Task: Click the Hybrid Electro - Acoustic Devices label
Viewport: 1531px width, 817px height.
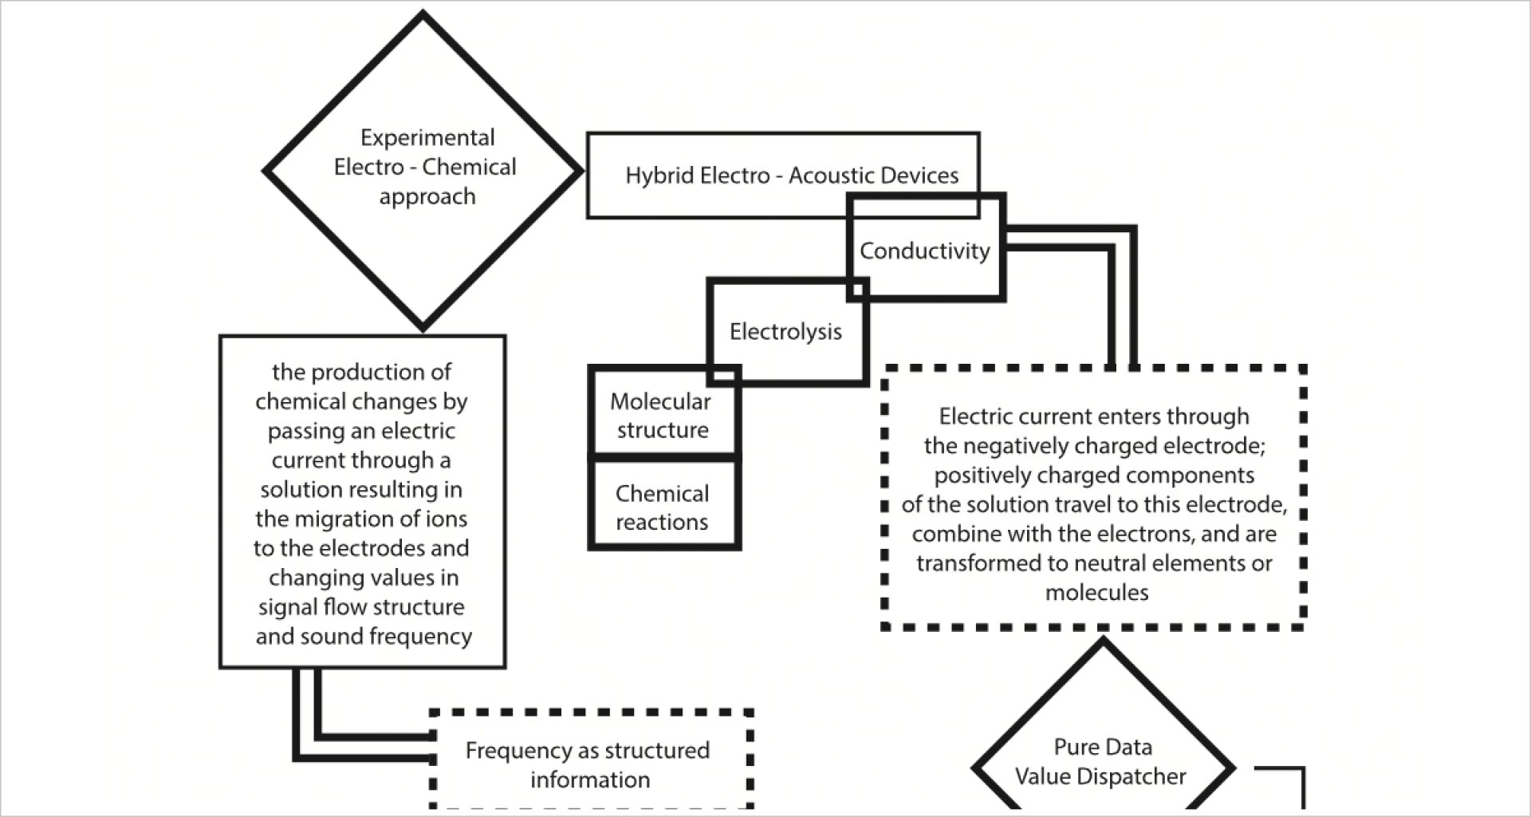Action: click(792, 176)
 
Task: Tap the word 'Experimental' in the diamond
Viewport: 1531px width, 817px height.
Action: click(427, 138)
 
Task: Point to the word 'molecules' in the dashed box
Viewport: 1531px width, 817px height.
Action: click(1097, 593)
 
